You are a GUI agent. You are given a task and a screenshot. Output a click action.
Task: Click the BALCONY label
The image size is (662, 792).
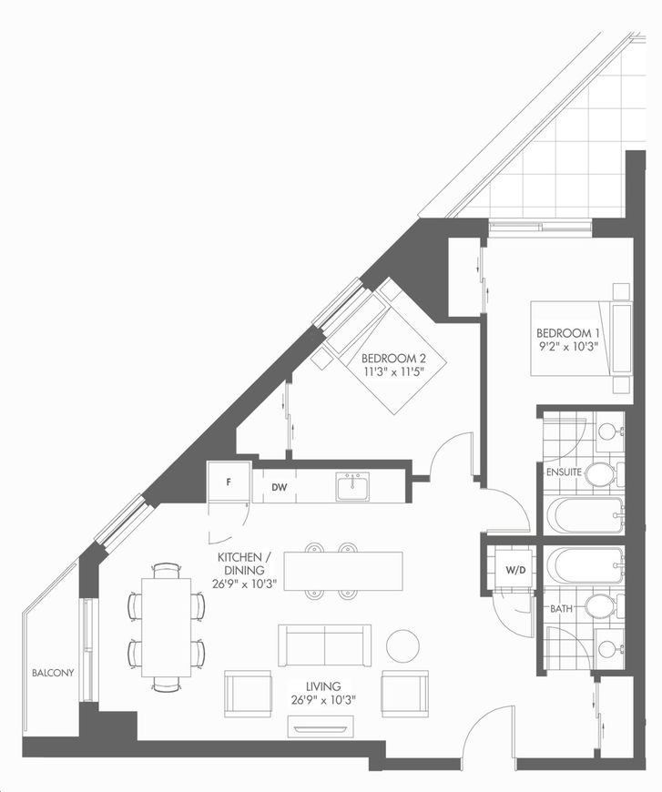coord(53,673)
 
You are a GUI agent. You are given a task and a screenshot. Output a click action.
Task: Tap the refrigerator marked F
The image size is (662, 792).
coord(229,482)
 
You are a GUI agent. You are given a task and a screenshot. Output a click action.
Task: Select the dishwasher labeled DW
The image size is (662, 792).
coord(280,487)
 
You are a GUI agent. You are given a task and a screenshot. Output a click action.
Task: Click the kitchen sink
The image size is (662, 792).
coord(352,486)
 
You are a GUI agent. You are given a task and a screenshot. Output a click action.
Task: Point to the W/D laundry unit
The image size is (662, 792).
coord(515,570)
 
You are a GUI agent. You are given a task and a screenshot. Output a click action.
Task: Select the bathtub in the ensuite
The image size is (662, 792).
coord(586,515)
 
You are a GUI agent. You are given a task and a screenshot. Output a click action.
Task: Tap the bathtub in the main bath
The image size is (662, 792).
coord(586,564)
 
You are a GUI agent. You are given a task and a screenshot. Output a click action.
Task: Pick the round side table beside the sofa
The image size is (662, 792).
coord(402,645)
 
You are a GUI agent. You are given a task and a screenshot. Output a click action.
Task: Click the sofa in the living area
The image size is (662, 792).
coord(324,645)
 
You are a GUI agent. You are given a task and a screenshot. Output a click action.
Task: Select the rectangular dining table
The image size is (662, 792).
coord(167,627)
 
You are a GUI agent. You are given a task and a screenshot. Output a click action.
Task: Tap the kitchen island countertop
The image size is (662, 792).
coord(343,571)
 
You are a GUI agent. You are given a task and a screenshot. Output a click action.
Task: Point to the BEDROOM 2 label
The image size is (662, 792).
coord(393,358)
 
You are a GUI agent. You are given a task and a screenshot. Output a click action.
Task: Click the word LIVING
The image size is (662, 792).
coord(323,686)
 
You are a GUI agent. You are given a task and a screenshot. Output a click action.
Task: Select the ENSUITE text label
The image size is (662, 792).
coord(564,472)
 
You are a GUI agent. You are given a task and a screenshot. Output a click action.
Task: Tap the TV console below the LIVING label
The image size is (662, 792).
coord(321,726)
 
